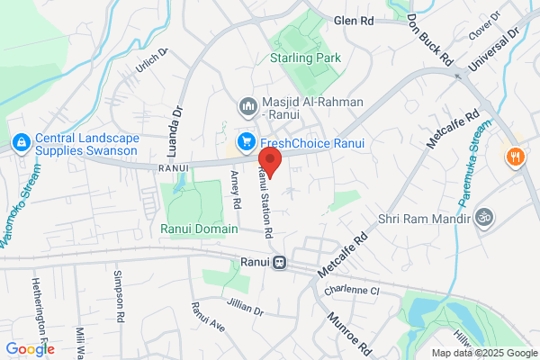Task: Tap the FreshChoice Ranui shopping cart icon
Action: (x=245, y=142)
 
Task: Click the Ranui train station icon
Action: (x=280, y=263)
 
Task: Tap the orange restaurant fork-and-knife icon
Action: (x=516, y=156)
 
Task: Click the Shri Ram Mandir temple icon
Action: (x=482, y=217)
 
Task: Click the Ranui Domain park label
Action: (x=199, y=229)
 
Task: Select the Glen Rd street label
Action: (x=353, y=20)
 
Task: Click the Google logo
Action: (x=30, y=349)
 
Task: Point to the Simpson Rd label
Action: (x=119, y=292)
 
